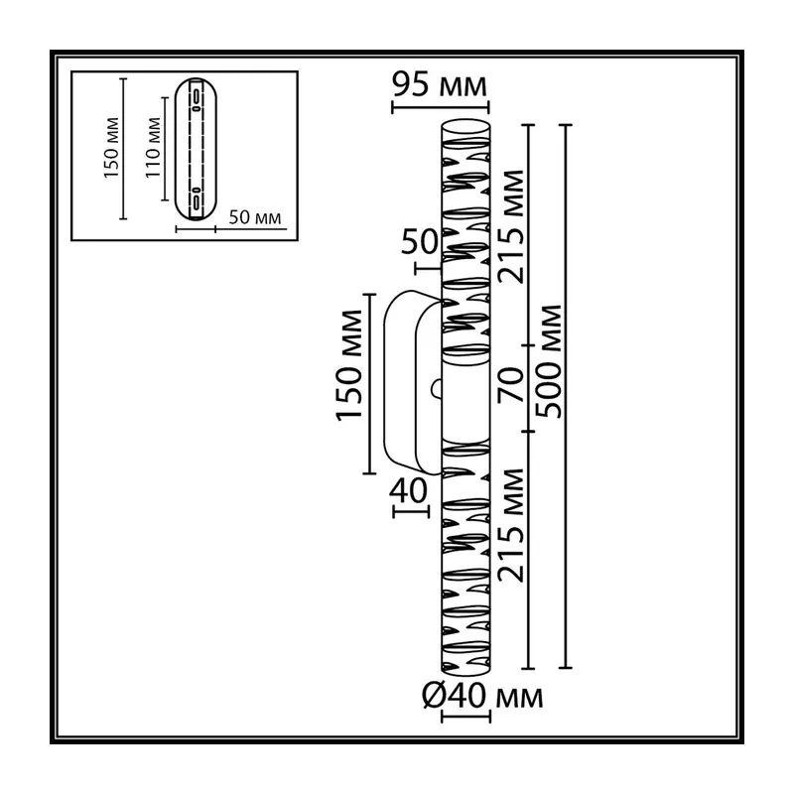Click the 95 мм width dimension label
point(440,84)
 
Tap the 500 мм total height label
point(549,361)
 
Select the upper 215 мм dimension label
point(510,226)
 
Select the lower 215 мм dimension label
point(510,525)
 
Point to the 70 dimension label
point(510,384)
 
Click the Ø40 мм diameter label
point(482,696)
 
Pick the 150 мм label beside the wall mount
point(349,365)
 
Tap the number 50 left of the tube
point(419,241)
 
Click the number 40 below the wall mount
point(408,490)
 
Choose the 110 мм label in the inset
point(153,147)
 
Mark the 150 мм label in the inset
point(111,148)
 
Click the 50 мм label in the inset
point(255,217)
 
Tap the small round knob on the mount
point(436,389)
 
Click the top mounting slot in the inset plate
point(196,97)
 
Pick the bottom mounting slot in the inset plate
point(196,199)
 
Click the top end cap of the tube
point(465,129)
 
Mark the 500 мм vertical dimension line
point(566,396)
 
